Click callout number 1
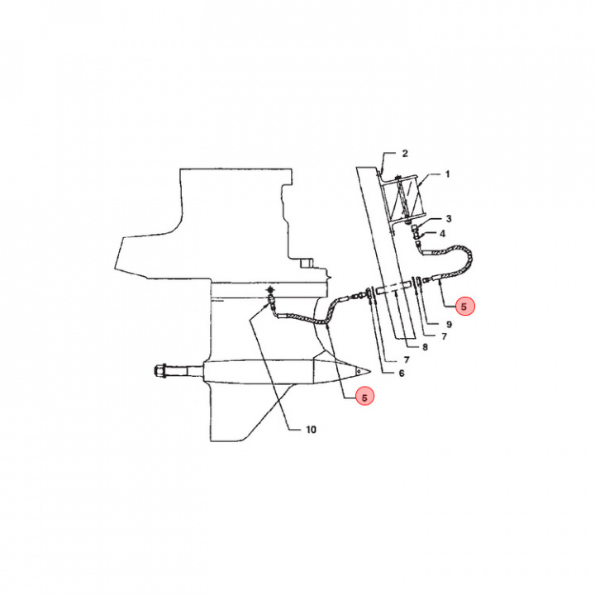click(447, 174)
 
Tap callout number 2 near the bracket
click(405, 154)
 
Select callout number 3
click(449, 218)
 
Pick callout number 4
click(442, 234)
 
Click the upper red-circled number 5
click(464, 306)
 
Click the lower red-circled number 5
click(364, 397)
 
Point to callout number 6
click(402, 374)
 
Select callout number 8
click(425, 347)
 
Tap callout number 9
click(449, 325)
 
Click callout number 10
click(311, 430)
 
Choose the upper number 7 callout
click(444, 336)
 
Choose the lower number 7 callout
click(407, 359)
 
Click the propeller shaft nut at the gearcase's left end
click(159, 371)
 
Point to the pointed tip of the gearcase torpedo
click(370, 369)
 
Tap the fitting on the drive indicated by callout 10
click(271, 297)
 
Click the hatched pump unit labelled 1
click(402, 201)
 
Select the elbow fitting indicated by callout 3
click(416, 228)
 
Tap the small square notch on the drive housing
click(306, 264)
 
